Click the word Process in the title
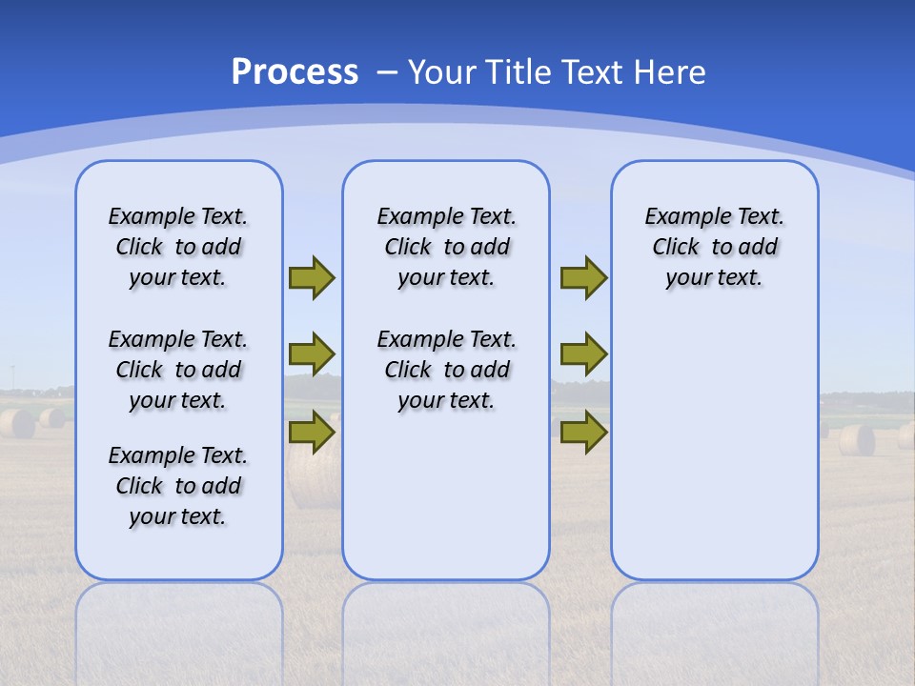[x=295, y=72]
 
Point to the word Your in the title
[x=443, y=72]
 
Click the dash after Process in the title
[x=387, y=72]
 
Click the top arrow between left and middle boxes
[x=312, y=277]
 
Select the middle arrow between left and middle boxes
[x=312, y=354]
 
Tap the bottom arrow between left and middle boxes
[x=312, y=433]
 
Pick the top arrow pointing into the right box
[x=583, y=277]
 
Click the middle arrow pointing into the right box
[x=583, y=354]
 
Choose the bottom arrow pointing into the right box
[x=583, y=433]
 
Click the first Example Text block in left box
[x=178, y=247]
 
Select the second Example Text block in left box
[x=178, y=370]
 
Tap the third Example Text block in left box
[x=178, y=486]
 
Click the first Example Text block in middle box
[x=446, y=247]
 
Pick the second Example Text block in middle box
[x=446, y=370]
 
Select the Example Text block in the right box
[x=714, y=247]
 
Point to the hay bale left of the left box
[x=16, y=424]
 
